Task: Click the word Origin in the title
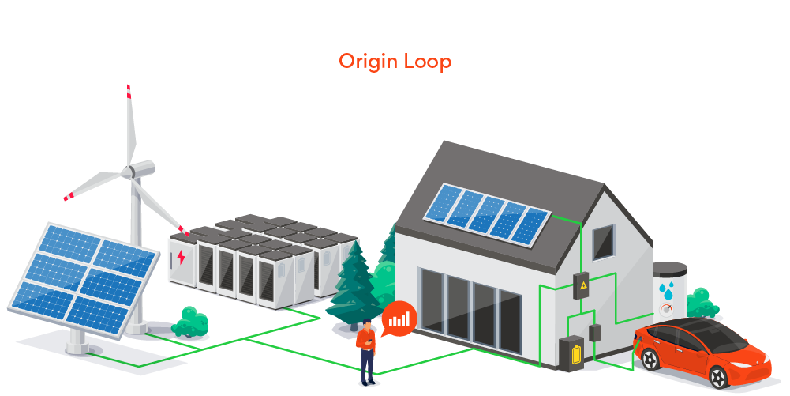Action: (368, 62)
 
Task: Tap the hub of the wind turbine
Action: (129, 170)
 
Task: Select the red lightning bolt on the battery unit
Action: (182, 257)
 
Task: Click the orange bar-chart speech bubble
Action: (399, 318)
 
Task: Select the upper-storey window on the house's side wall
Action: (604, 242)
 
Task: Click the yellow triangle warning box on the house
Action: (583, 286)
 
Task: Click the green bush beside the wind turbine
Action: (190, 322)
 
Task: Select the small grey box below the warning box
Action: (595, 333)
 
